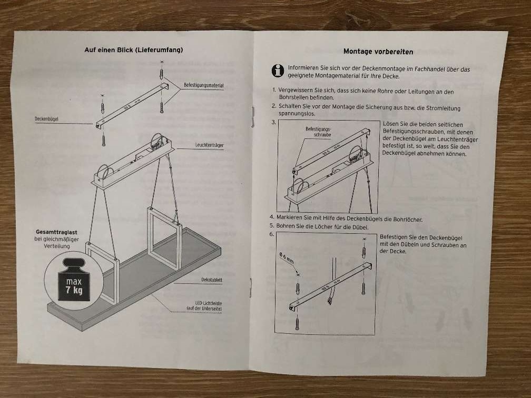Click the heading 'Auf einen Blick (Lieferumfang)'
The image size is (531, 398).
click(x=134, y=50)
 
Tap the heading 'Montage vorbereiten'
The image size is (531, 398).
click(x=378, y=52)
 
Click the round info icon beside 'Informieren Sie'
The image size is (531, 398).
click(x=278, y=70)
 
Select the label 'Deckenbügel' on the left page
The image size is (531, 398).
click(x=46, y=120)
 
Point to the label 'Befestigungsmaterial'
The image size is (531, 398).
click(x=204, y=85)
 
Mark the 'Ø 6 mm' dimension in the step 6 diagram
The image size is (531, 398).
click(x=286, y=257)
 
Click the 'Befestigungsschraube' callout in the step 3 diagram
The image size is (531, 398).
click(x=318, y=132)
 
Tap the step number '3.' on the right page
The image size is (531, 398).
click(x=273, y=122)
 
